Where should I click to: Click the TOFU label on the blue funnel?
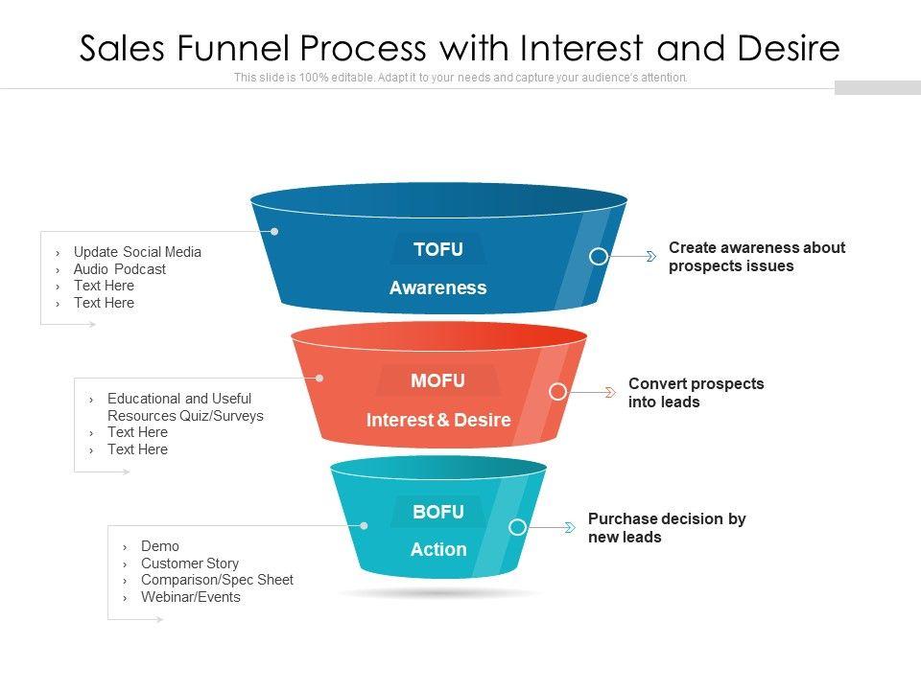point(438,250)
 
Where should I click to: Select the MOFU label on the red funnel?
point(438,381)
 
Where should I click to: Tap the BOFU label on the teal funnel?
point(438,513)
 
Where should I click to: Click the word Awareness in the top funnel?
point(438,287)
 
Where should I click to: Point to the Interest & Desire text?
point(438,420)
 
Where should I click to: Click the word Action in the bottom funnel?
point(438,550)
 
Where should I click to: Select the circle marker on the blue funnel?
point(598,257)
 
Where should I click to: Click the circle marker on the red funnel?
point(557,392)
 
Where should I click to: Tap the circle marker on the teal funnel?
point(517,527)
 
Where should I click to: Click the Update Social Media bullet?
point(137,252)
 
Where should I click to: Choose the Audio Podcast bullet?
point(120,269)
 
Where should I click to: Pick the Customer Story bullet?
point(190,563)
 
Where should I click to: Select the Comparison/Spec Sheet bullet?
point(217,580)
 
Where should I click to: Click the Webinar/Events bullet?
point(191,597)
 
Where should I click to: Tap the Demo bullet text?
point(160,546)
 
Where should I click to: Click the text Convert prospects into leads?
point(696,393)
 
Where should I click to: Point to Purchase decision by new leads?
point(666,528)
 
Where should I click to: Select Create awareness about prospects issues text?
point(756,257)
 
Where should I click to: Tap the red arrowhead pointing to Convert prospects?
point(609,392)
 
